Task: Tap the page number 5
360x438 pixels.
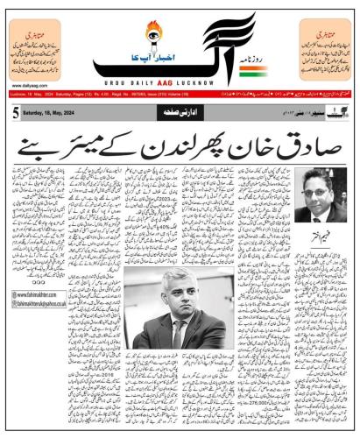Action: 16,113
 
